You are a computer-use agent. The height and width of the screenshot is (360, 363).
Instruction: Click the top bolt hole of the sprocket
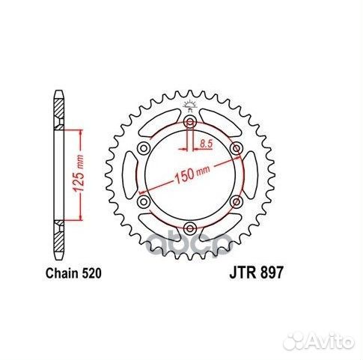(190, 123)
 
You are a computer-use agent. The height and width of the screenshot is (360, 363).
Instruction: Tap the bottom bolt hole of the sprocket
(190, 228)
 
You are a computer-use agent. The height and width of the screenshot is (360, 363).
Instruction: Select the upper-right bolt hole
(237, 149)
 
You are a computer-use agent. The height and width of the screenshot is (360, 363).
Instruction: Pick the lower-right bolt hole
(237, 201)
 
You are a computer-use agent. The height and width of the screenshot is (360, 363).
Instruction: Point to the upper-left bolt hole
(144, 149)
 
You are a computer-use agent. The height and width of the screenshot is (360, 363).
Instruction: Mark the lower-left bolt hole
(144, 201)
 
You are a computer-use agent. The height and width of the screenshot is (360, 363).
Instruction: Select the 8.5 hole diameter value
(208, 141)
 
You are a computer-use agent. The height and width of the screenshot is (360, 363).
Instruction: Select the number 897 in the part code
(271, 275)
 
